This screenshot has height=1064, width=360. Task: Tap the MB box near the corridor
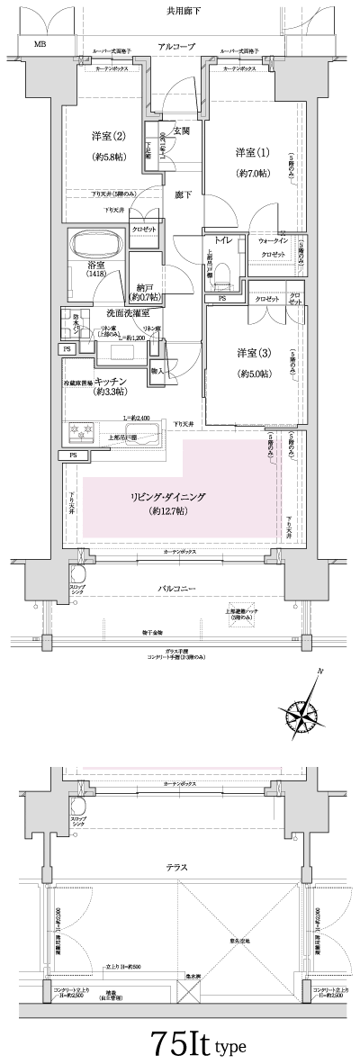40,43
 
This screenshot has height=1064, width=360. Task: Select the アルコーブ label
175,46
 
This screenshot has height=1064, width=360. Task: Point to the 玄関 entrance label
181,131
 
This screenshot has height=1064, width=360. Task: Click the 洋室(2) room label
107,137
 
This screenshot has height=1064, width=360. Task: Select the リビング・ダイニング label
168,494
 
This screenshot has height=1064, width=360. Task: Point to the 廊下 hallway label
184,194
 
